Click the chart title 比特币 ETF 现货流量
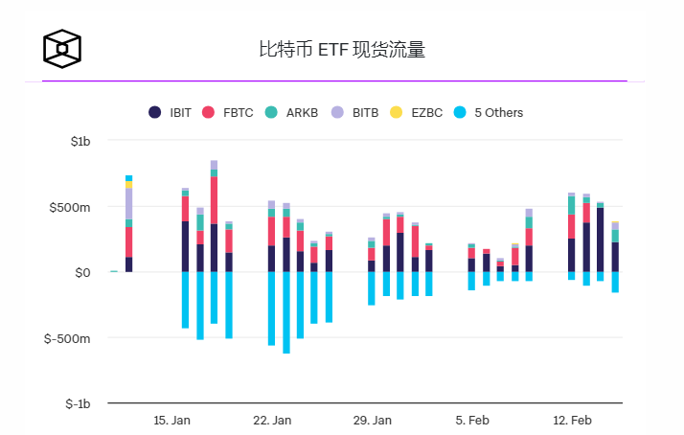[x=341, y=49]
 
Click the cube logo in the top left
[x=62, y=48]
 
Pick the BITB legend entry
[x=356, y=112]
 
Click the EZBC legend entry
[x=418, y=112]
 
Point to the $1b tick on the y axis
[x=80, y=141]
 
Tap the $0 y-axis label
[x=81, y=273]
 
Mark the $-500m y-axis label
[x=71, y=339]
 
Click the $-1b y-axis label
[x=78, y=404]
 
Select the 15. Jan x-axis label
[x=172, y=420]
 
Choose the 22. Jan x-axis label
[x=272, y=420]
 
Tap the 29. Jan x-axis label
[x=373, y=420]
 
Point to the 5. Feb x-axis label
[x=472, y=420]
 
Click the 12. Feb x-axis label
[x=572, y=420]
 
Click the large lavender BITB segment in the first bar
[x=128, y=203]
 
